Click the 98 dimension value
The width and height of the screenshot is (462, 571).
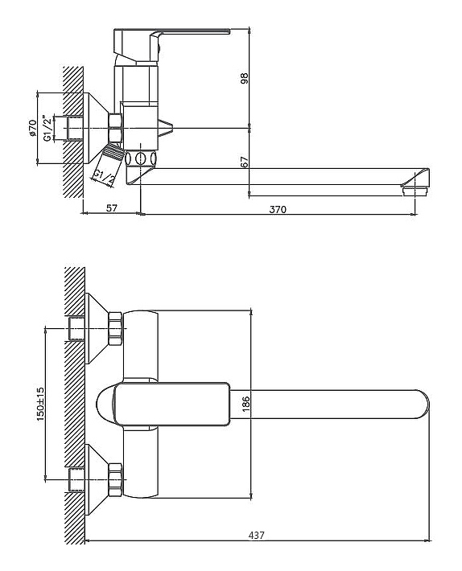tap(244, 78)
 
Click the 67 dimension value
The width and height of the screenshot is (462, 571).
tap(245, 162)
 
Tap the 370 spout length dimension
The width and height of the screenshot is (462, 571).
tap(278, 209)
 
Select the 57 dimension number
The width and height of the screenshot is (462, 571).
tap(112, 208)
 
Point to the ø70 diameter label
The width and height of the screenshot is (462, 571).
tap(32, 128)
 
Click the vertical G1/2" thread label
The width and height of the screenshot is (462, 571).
tap(46, 128)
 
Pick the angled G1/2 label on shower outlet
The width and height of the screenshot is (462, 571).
tap(104, 177)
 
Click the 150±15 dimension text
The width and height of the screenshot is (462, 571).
tap(40, 404)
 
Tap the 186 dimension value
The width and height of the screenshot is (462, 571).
tap(246, 404)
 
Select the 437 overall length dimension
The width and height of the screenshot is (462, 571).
tap(257, 536)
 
